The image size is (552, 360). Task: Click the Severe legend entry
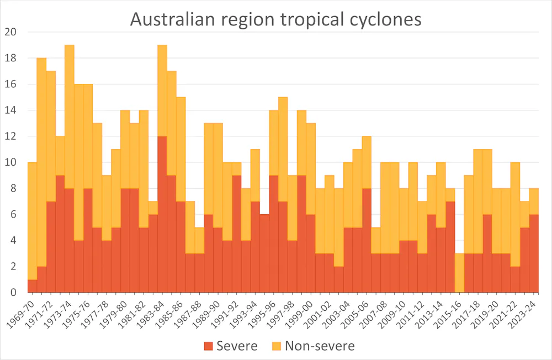230,346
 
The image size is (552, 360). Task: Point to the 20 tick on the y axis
12,32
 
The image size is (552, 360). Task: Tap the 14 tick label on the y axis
12,110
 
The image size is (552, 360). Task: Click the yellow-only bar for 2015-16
459,273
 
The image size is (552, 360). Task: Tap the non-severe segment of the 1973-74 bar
70,117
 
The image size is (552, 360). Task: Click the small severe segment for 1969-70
32,286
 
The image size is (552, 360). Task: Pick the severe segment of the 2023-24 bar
534,253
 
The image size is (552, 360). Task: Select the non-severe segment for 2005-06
367,162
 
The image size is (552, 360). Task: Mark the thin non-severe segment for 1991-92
236,169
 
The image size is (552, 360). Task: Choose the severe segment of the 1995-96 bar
274,234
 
